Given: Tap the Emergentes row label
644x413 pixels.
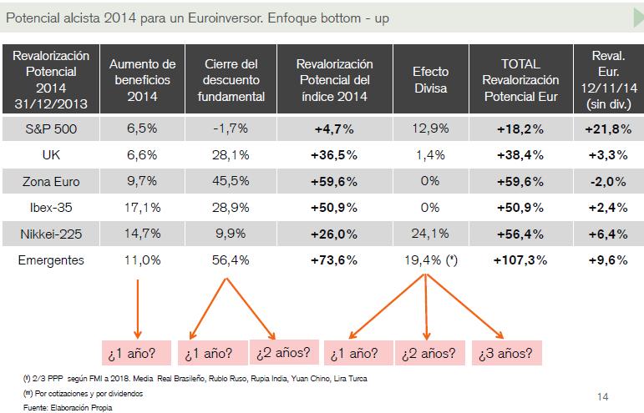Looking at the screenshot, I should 52,260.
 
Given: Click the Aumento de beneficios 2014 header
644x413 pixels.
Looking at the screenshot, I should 143,81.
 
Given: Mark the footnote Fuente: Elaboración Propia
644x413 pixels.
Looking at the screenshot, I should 56,407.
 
